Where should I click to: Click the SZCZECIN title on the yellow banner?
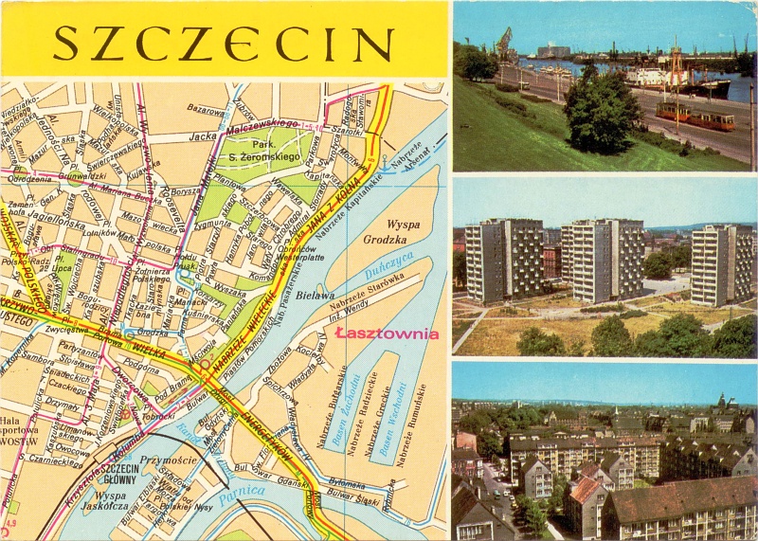[x=224, y=43]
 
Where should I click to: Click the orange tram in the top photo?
[x=696, y=115]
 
